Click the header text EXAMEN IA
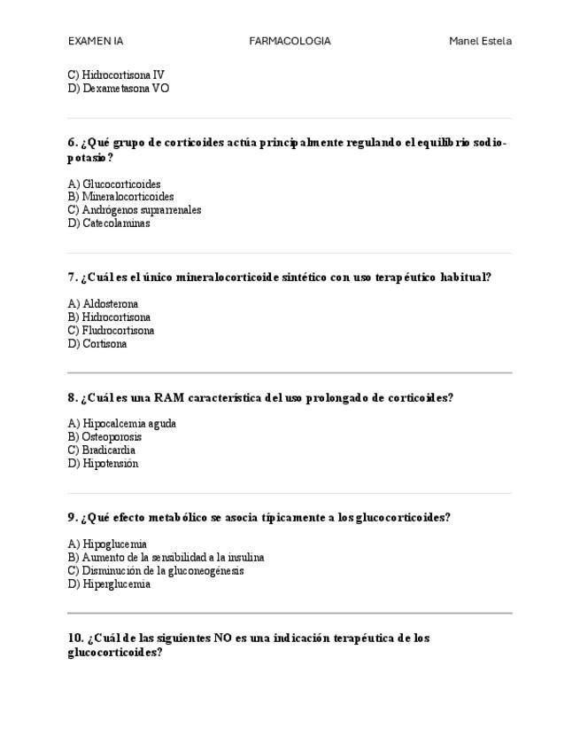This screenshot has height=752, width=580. point(96,41)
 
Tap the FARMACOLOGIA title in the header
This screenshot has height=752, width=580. point(290,41)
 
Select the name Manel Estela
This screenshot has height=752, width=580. point(480,41)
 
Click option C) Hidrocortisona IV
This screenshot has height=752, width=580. point(116,75)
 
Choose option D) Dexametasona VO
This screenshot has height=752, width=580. point(119,89)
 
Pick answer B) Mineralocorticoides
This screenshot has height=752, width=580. point(120,197)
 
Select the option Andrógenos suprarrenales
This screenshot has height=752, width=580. point(142,210)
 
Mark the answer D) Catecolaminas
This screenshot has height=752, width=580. point(109,223)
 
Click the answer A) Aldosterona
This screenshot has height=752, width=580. point(103,304)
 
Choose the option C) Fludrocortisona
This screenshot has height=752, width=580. point(111,331)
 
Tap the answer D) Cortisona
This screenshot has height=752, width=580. point(97,344)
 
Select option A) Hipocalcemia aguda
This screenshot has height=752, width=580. point(122,424)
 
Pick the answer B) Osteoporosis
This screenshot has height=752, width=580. point(104,437)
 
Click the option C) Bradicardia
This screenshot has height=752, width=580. point(102,450)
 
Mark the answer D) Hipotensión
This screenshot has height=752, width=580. point(103,464)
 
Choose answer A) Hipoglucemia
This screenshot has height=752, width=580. point(107,544)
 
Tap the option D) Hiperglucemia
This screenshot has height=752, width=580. point(109,584)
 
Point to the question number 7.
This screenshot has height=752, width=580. point(73,278)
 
